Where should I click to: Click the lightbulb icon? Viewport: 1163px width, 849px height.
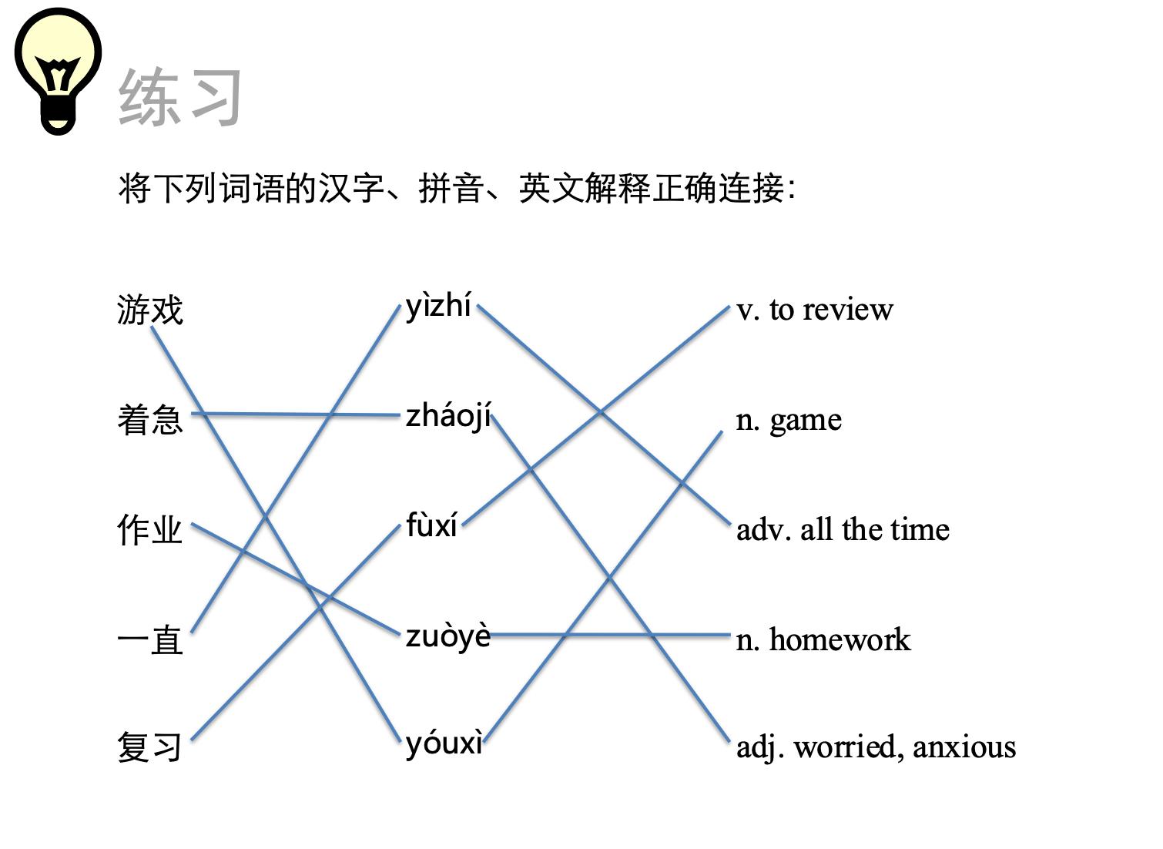[58, 71]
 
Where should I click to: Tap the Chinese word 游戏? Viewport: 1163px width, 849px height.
[150, 310]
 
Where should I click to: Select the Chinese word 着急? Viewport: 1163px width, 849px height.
[150, 420]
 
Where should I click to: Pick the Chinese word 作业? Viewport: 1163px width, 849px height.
[150, 530]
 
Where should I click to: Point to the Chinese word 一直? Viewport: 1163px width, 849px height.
[150, 640]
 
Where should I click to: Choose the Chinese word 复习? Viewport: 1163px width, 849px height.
[150, 747]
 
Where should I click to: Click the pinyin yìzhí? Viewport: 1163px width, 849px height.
[438, 307]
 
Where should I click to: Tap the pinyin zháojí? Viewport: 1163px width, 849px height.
[448, 417]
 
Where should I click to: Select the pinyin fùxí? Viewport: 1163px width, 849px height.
[431, 526]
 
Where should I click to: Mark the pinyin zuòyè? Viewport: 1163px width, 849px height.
[447, 636]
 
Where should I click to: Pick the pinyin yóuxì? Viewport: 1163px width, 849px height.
[444, 743]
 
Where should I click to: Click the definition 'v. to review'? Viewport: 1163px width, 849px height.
[815, 310]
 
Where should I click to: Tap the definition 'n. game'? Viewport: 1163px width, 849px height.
[789, 420]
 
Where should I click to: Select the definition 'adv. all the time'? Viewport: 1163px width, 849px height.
[843, 530]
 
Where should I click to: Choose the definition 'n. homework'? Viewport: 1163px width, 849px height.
[823, 640]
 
